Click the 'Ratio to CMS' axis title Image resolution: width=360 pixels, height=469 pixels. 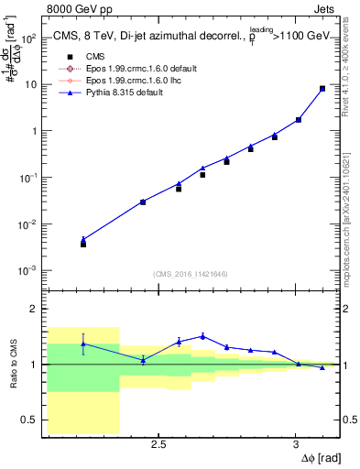pyautogui.click(x=13, y=365)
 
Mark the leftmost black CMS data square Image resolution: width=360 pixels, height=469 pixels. pyautogui.click(x=83, y=244)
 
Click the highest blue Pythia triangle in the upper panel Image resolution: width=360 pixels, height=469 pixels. pyautogui.click(x=322, y=88)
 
